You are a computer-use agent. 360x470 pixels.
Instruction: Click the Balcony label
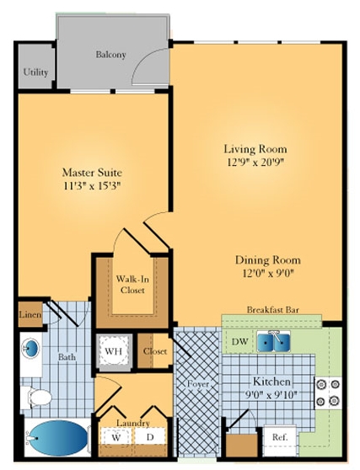(x=110, y=55)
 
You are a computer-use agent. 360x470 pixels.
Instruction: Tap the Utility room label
(x=35, y=72)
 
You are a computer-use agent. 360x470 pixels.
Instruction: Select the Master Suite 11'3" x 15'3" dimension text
(x=92, y=186)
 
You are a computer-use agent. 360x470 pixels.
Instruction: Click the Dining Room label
(x=267, y=259)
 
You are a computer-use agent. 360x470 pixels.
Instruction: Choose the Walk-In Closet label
(x=132, y=285)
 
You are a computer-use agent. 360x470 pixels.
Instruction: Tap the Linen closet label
(x=30, y=314)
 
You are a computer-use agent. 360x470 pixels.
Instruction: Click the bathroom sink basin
(x=31, y=349)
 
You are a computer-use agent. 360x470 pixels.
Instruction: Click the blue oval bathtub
(x=58, y=438)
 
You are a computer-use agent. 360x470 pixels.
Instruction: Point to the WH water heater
(x=114, y=351)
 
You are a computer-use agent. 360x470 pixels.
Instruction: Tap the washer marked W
(x=116, y=437)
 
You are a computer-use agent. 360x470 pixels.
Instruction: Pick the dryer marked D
(x=150, y=437)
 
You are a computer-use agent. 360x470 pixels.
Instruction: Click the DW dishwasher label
(x=239, y=341)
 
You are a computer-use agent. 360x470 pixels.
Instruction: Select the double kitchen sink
(x=273, y=341)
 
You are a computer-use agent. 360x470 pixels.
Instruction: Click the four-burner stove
(x=328, y=393)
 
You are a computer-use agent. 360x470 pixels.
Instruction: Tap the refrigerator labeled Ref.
(x=280, y=437)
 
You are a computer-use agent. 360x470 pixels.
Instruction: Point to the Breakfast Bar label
(x=272, y=310)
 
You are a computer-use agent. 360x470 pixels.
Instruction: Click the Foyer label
(x=198, y=384)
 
